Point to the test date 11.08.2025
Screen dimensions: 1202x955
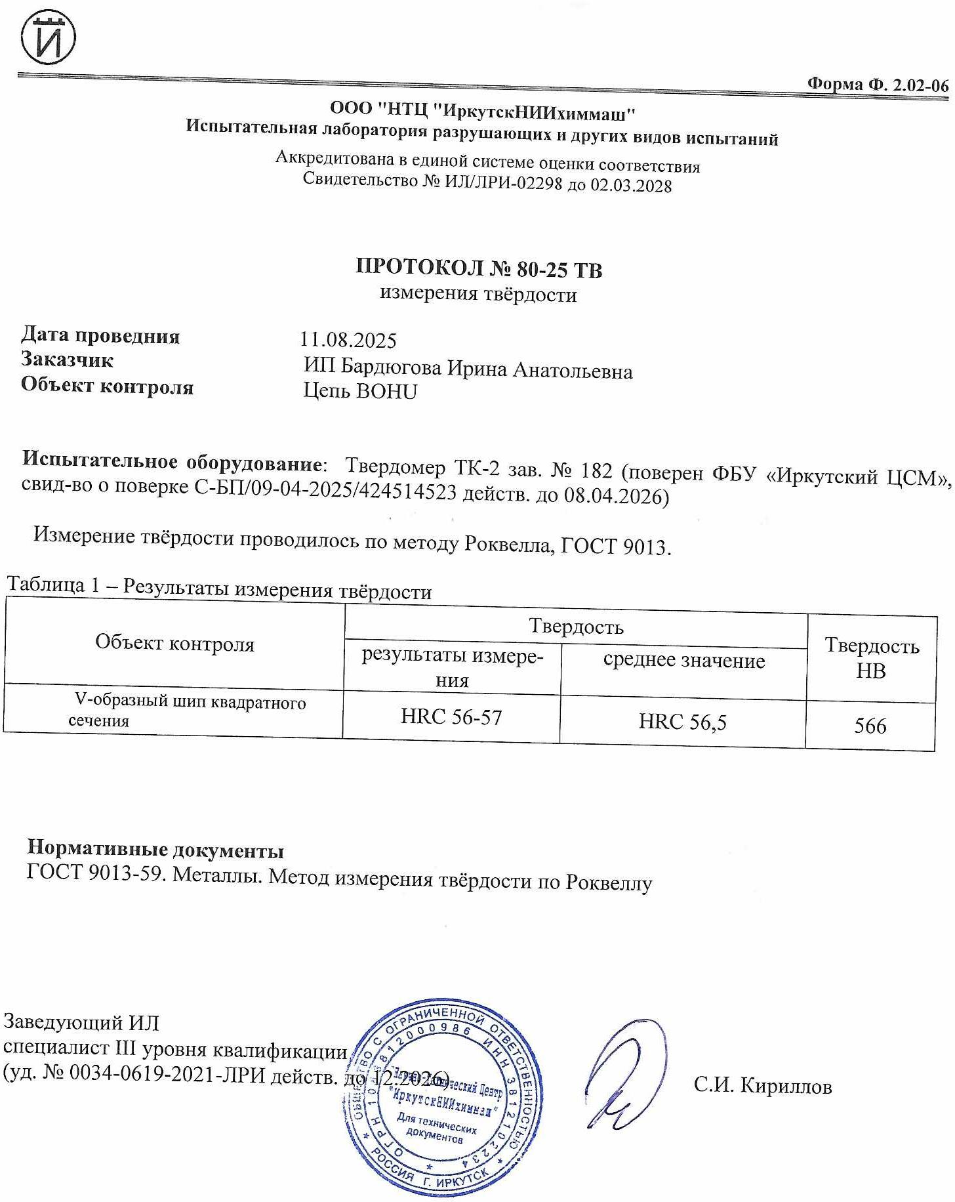[348, 340]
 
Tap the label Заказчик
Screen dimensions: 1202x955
[67, 360]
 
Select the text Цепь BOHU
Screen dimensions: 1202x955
[360, 392]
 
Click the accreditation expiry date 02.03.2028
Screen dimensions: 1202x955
[631, 186]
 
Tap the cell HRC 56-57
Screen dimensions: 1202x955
[451, 717]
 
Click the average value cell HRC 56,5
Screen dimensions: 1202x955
[682, 722]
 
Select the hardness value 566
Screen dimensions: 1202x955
[870, 726]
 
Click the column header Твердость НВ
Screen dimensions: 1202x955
[871, 658]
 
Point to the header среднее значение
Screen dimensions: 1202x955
[683, 661]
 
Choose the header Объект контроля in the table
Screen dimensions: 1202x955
[174, 644]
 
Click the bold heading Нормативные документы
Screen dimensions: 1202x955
[155, 850]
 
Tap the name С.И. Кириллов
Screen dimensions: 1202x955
[763, 1086]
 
